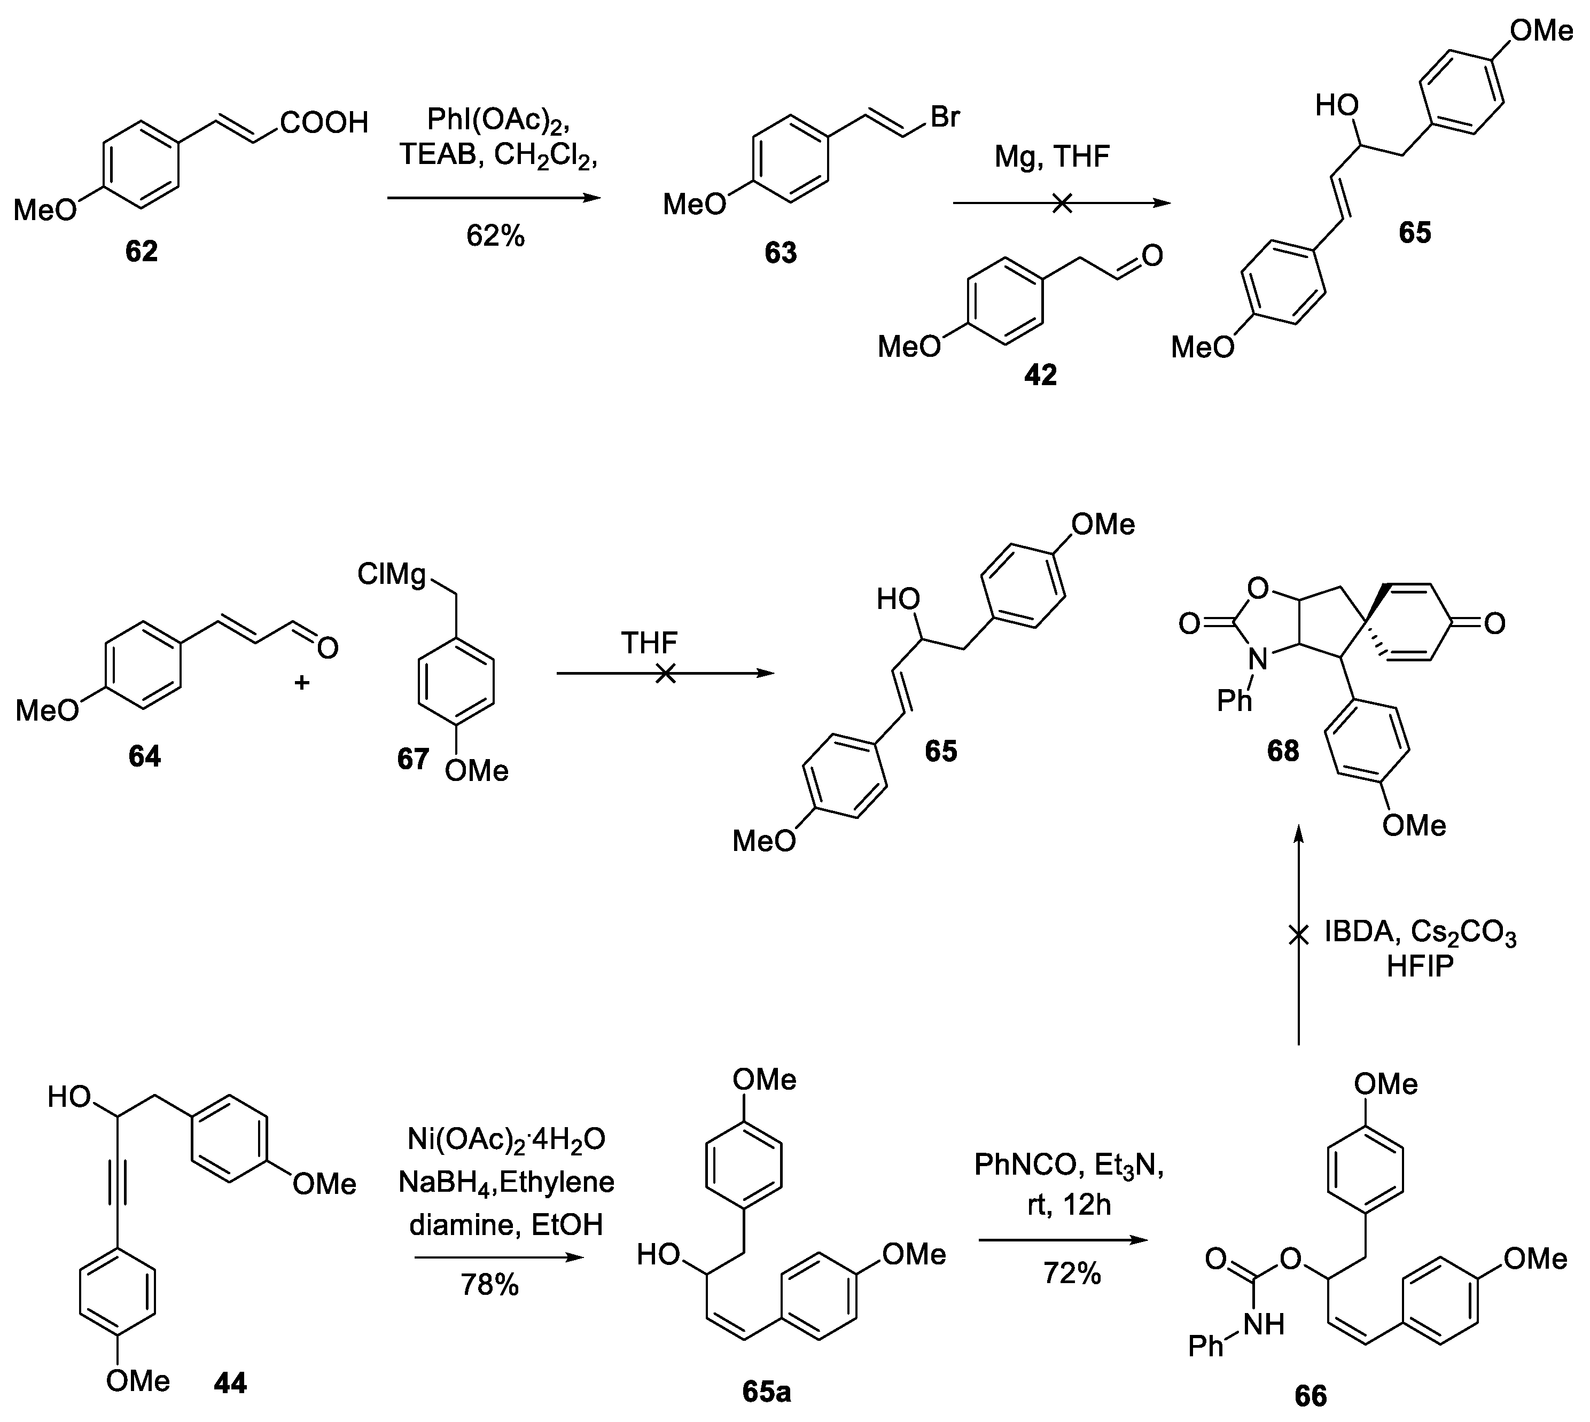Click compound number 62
[142, 251]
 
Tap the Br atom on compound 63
[945, 117]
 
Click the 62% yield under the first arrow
[495, 235]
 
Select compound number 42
[1040, 375]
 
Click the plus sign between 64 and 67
[301, 683]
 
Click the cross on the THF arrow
[665, 674]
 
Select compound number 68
[1283, 750]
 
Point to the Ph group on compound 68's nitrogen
[1235, 701]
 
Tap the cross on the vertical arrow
[1299, 934]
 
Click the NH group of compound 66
[1262, 1324]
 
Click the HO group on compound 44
[69, 1097]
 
